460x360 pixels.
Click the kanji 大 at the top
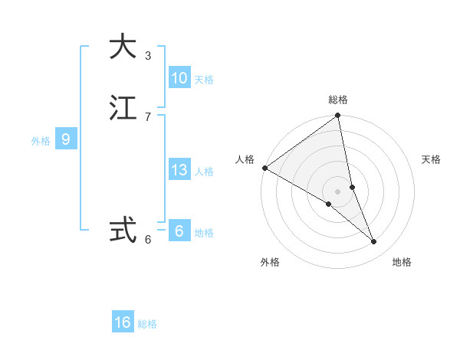123,47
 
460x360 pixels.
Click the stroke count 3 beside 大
148,56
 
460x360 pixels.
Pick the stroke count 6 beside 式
148,240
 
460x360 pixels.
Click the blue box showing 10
179,78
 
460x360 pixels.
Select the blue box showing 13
179,170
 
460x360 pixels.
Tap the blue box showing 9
66,139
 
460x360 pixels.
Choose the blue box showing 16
123,322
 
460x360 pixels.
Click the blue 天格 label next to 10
204,80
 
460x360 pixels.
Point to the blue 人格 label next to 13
204,172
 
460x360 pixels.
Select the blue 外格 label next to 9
41,141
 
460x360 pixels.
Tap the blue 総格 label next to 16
147,324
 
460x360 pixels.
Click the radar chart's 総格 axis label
338,100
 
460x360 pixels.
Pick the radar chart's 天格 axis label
432,159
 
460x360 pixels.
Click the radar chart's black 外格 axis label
270,262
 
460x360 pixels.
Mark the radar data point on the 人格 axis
264,168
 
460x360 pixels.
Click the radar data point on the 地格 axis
374,242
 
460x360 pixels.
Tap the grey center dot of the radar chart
337,191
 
